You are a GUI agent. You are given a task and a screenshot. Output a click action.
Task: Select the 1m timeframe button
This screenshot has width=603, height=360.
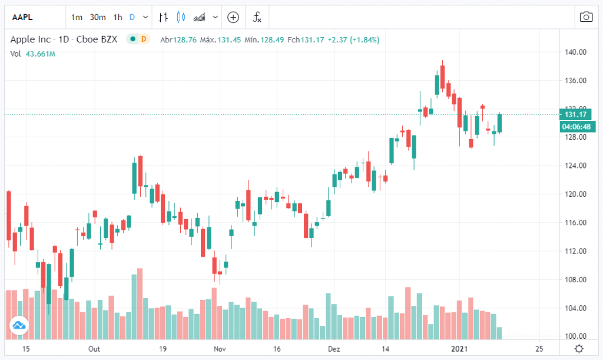pos(77,17)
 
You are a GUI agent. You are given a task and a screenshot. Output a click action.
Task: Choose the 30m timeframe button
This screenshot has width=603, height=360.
pos(98,17)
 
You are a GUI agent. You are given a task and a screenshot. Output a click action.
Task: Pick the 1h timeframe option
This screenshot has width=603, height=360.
pos(118,17)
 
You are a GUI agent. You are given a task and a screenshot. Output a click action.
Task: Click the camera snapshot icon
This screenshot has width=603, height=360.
pos(586,17)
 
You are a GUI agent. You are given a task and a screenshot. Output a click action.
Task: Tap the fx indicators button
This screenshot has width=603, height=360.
pos(257,17)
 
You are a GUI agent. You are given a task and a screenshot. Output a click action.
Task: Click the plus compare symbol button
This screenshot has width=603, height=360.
pos(233,17)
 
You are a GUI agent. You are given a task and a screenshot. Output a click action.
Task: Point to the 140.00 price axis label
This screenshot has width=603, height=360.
pos(575,52)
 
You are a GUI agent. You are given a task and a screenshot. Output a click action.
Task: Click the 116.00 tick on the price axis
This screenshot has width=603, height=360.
pos(575,223)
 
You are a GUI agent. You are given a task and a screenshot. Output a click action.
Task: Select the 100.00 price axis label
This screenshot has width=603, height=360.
pos(575,336)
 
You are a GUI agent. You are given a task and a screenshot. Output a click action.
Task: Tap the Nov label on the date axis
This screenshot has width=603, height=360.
pos(219,348)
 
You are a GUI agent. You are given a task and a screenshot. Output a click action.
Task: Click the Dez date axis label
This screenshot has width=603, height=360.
pos(334,348)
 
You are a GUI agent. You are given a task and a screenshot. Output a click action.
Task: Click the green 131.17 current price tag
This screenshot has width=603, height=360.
pos(574,115)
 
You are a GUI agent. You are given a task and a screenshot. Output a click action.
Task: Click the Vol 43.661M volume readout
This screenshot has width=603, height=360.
pos(34,54)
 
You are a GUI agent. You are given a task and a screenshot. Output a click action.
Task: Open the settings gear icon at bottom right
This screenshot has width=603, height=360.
pos(579,348)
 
